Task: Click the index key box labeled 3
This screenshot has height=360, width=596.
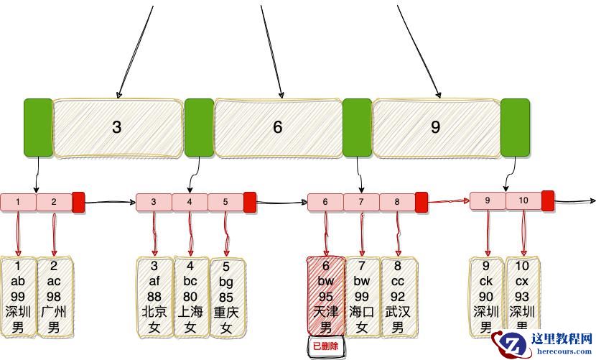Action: point(117,128)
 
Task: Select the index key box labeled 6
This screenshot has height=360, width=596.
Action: point(278,128)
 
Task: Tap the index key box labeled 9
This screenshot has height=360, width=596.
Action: point(435,128)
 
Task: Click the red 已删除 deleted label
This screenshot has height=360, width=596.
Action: point(326,346)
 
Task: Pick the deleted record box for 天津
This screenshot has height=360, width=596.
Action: point(326,296)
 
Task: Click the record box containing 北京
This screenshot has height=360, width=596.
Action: point(154,296)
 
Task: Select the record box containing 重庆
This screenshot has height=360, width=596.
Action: point(226,296)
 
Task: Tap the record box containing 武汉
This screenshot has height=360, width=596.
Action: point(398,296)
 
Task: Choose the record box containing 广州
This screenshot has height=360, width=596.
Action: point(54,296)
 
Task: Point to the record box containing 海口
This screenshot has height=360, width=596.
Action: point(362,296)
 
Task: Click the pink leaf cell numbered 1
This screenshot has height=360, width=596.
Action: point(18,202)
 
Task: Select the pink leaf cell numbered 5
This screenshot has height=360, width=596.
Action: point(225,202)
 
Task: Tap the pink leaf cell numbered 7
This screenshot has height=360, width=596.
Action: point(361,202)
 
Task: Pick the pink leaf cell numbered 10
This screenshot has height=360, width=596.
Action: point(523,200)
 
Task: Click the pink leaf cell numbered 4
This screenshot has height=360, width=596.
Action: point(190,202)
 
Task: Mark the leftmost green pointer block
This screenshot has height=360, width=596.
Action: point(38,128)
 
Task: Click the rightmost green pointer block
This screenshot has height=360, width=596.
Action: point(515,128)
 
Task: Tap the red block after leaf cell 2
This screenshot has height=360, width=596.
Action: point(78,202)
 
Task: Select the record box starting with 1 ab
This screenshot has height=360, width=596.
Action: point(18,296)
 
